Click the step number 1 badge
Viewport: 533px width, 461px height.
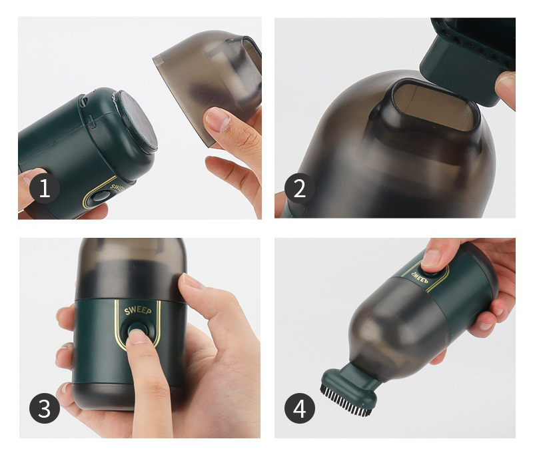pyautogui.click(x=45, y=188)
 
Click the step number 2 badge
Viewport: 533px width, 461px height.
pyautogui.click(x=299, y=188)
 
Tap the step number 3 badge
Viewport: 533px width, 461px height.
pyautogui.click(x=45, y=408)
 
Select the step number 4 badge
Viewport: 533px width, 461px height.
pyautogui.click(x=299, y=408)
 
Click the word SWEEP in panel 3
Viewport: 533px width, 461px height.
pyautogui.click(x=138, y=310)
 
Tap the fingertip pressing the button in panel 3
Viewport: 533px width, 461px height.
pyautogui.click(x=139, y=336)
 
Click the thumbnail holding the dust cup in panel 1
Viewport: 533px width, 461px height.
pyautogui.click(x=218, y=119)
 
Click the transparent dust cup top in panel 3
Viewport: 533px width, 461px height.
pyautogui.click(x=131, y=268)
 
